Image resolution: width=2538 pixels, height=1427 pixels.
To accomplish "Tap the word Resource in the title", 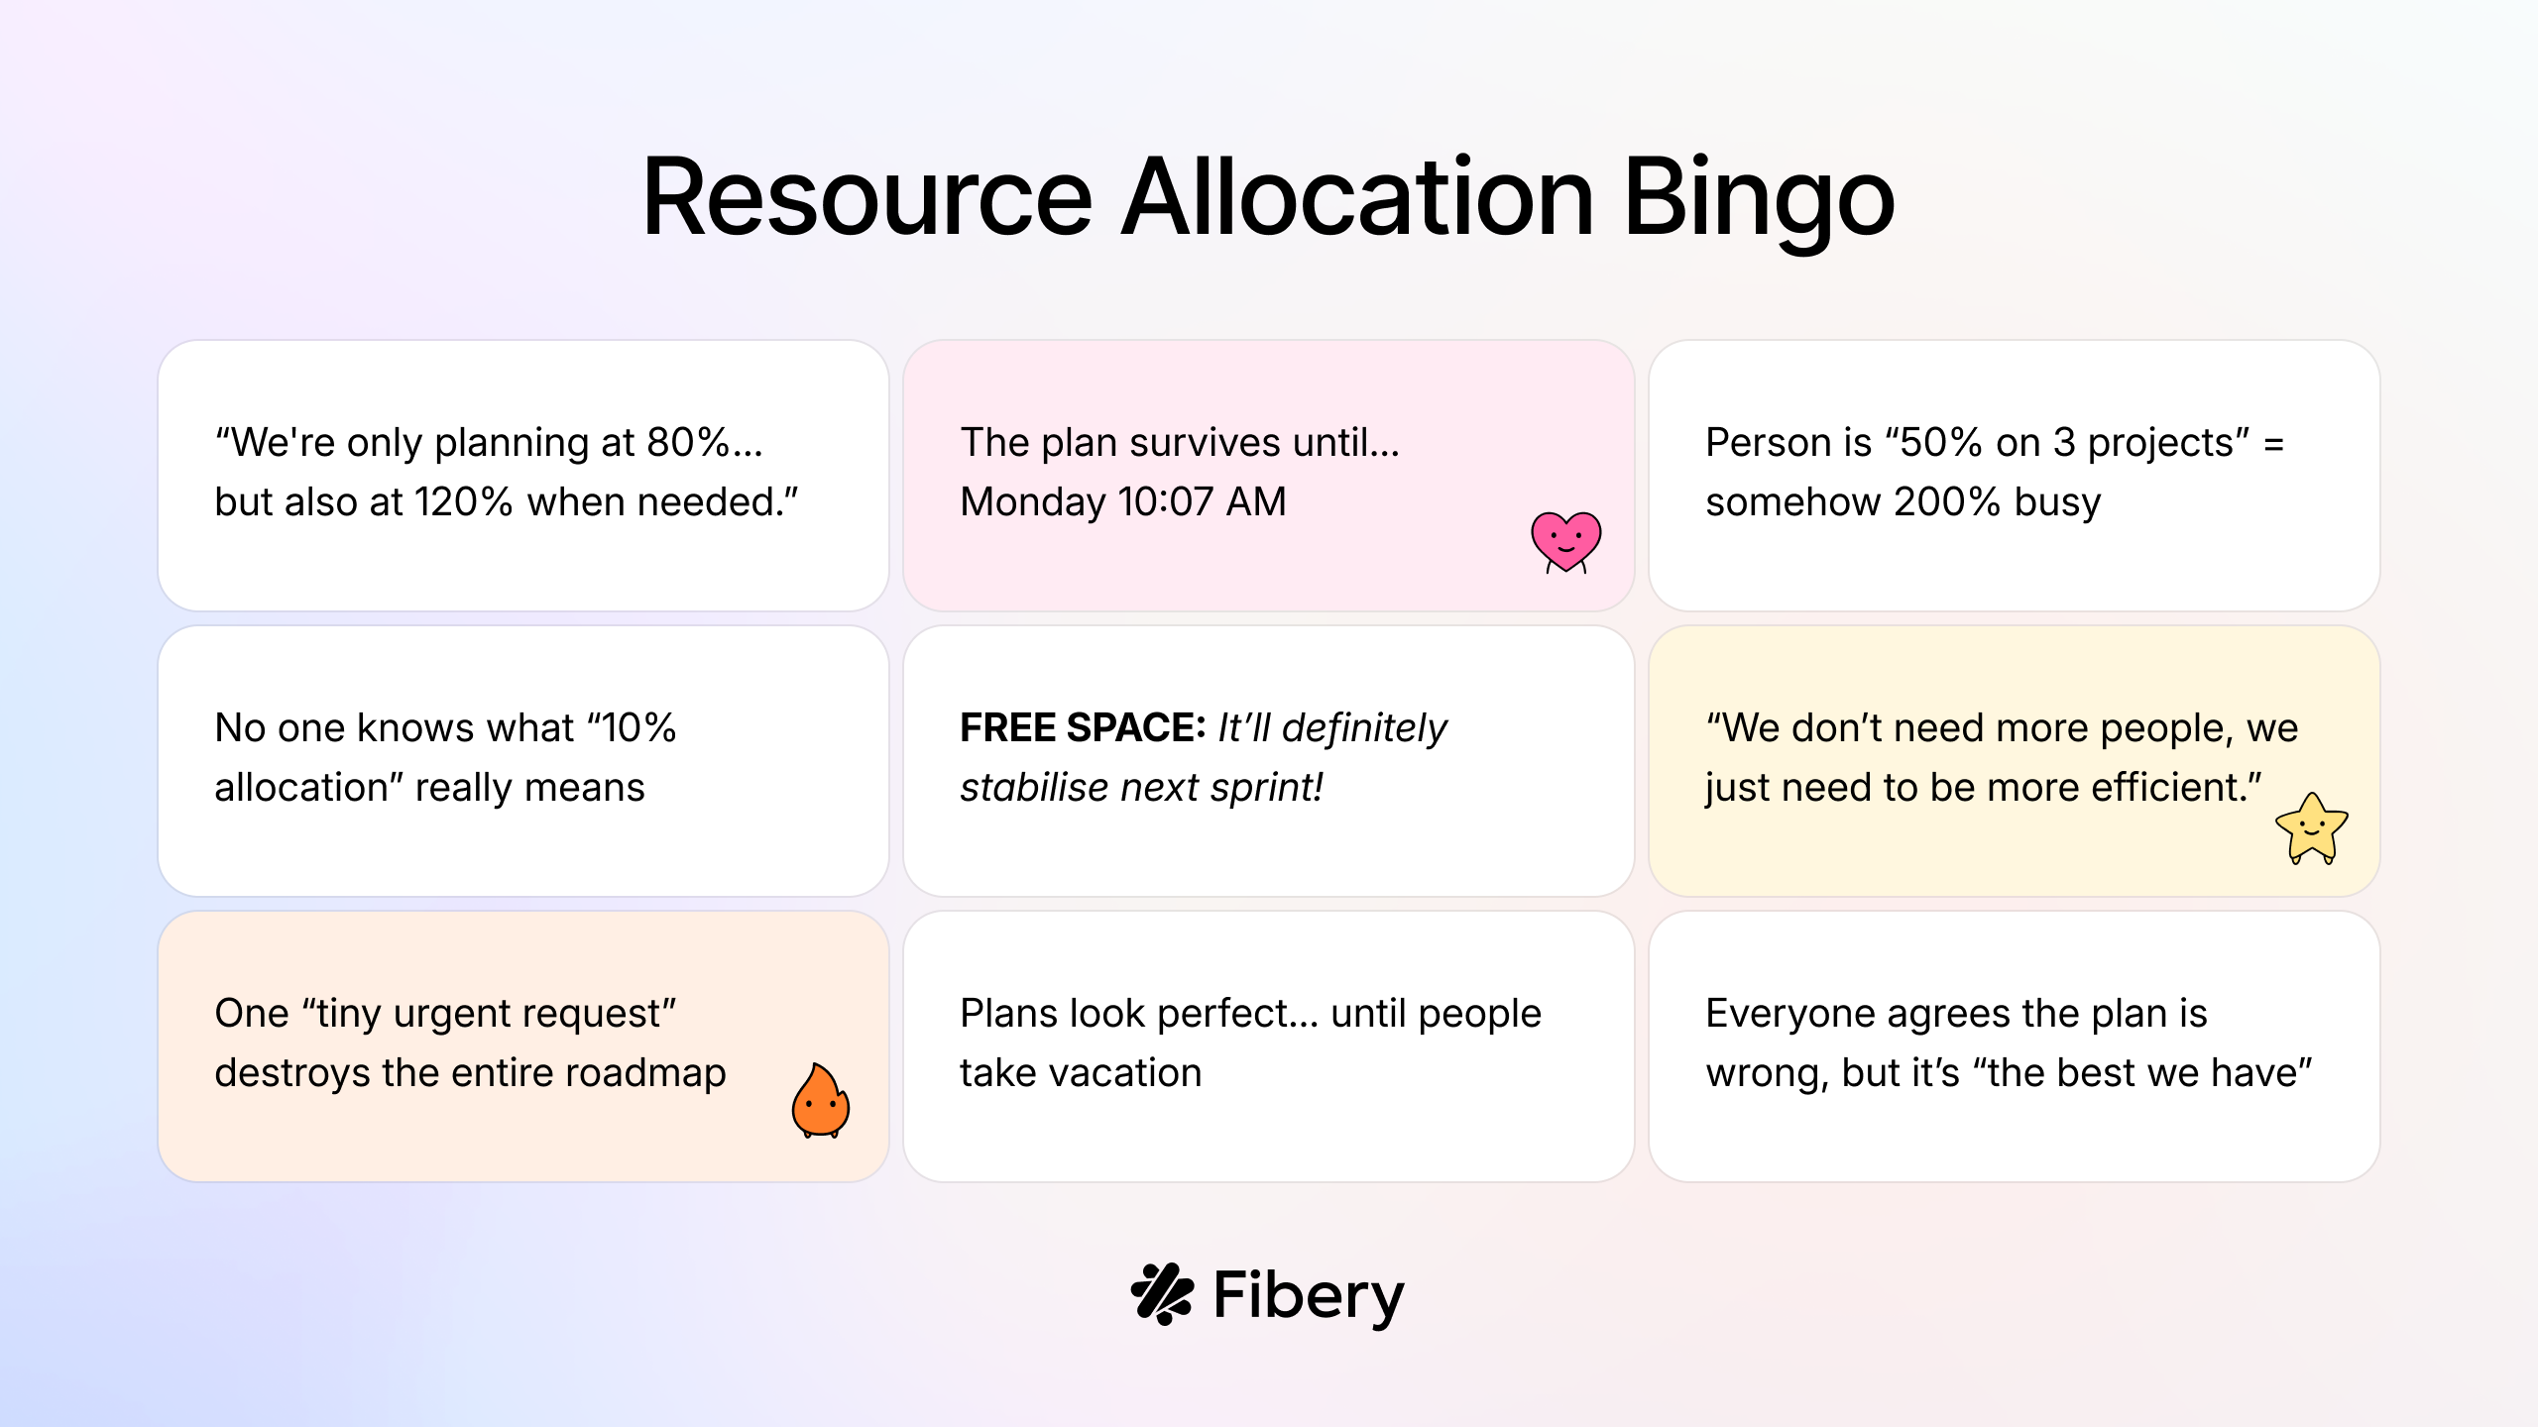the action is pos(867,197).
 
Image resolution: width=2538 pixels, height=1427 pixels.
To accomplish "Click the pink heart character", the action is pos(1566,542).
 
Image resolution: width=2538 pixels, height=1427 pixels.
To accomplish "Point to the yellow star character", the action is pos(2312,828).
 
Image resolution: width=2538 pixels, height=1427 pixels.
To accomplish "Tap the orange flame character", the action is pos(821,1101).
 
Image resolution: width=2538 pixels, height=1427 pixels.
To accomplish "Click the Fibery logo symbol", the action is pos(1162,1293).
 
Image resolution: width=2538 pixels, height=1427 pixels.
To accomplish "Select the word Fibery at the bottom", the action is pos(1309,1296).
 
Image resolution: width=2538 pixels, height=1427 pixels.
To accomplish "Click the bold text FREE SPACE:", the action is pos(1083,728).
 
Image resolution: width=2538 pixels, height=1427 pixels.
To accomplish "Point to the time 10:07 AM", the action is pos(1202,501).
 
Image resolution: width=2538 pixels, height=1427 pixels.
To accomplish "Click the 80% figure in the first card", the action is pos(688,442).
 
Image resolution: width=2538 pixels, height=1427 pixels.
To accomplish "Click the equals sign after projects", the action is pos(2274,444).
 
